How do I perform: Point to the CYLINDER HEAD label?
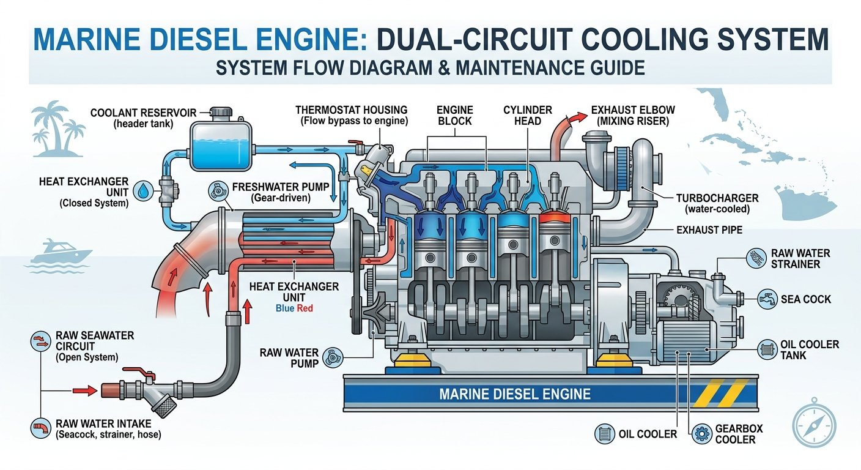pyautogui.click(x=527, y=115)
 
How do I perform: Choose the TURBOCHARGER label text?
pyautogui.click(x=717, y=199)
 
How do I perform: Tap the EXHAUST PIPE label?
pyautogui.click(x=709, y=230)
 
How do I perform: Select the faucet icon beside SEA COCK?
pyautogui.click(x=766, y=299)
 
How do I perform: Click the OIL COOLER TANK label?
pyautogui.click(x=809, y=350)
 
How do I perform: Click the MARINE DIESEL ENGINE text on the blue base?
pyautogui.click(x=515, y=394)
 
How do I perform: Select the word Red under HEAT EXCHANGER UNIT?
pyautogui.click(x=305, y=308)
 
